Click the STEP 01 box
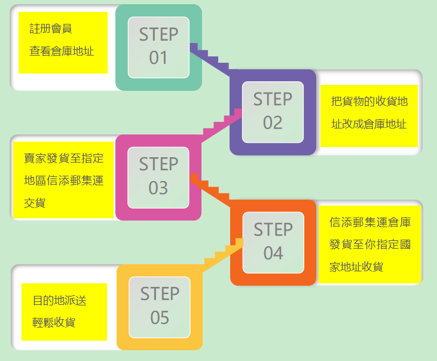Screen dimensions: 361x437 point(158,47)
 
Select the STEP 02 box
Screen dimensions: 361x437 point(273,111)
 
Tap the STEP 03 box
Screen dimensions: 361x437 point(158,176)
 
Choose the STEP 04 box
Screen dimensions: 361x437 point(273,241)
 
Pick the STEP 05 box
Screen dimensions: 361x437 point(160,306)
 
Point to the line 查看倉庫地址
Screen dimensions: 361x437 point(62,51)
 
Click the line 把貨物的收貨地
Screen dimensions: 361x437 point(369,102)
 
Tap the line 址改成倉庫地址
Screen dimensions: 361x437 point(369,124)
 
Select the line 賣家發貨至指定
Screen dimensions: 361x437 point(63,158)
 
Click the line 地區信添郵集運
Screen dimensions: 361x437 point(63,180)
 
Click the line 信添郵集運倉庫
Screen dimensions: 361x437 point(370,222)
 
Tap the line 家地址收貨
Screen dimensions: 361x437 point(356,267)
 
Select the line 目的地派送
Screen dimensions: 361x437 point(59,300)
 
